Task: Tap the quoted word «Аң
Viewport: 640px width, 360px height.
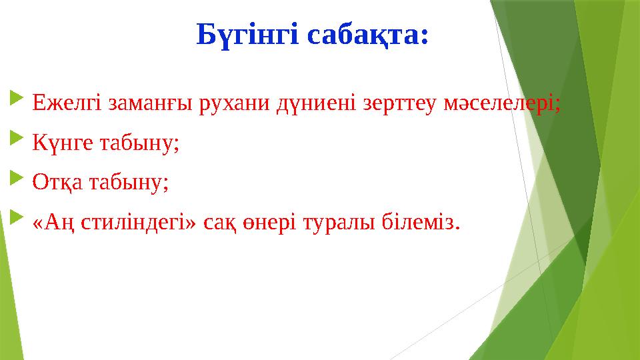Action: [x=54, y=223]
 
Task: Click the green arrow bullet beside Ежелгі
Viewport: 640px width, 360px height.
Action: [x=16, y=102]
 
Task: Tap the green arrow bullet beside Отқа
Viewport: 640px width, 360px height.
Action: [x=16, y=181]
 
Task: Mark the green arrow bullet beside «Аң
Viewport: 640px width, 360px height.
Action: [x=16, y=221]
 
